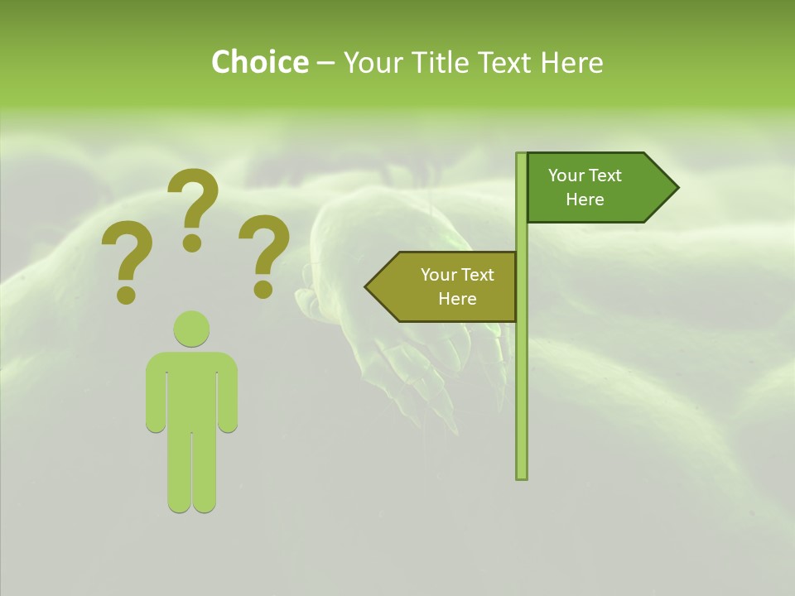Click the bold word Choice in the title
click(259, 62)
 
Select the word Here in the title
click(571, 62)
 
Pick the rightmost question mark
click(265, 252)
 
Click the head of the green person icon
click(191, 329)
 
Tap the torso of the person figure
click(191, 389)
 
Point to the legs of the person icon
click(191, 472)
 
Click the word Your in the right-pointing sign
click(566, 175)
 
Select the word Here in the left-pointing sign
click(457, 299)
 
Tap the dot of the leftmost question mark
click(127, 295)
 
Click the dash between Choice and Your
click(325, 63)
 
